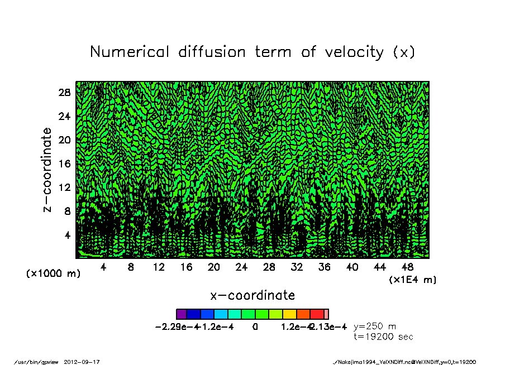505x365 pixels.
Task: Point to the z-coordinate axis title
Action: tap(47, 170)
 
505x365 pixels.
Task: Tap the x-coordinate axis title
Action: tap(252, 295)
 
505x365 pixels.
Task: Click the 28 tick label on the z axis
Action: tap(64, 93)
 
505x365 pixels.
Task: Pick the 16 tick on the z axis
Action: tap(64, 164)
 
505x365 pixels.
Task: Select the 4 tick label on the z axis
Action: tap(68, 235)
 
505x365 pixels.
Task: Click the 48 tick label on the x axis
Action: tap(408, 267)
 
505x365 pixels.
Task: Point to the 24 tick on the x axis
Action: tap(241, 267)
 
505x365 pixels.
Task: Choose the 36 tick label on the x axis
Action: tap(325, 267)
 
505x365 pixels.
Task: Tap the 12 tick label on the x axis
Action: tap(159, 267)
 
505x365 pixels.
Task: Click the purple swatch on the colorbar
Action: tap(181, 314)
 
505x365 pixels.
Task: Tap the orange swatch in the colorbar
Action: tap(303, 314)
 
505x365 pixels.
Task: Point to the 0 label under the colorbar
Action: tap(255, 326)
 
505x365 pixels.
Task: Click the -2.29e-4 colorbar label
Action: tap(176, 326)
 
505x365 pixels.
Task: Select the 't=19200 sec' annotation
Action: tap(383, 337)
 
